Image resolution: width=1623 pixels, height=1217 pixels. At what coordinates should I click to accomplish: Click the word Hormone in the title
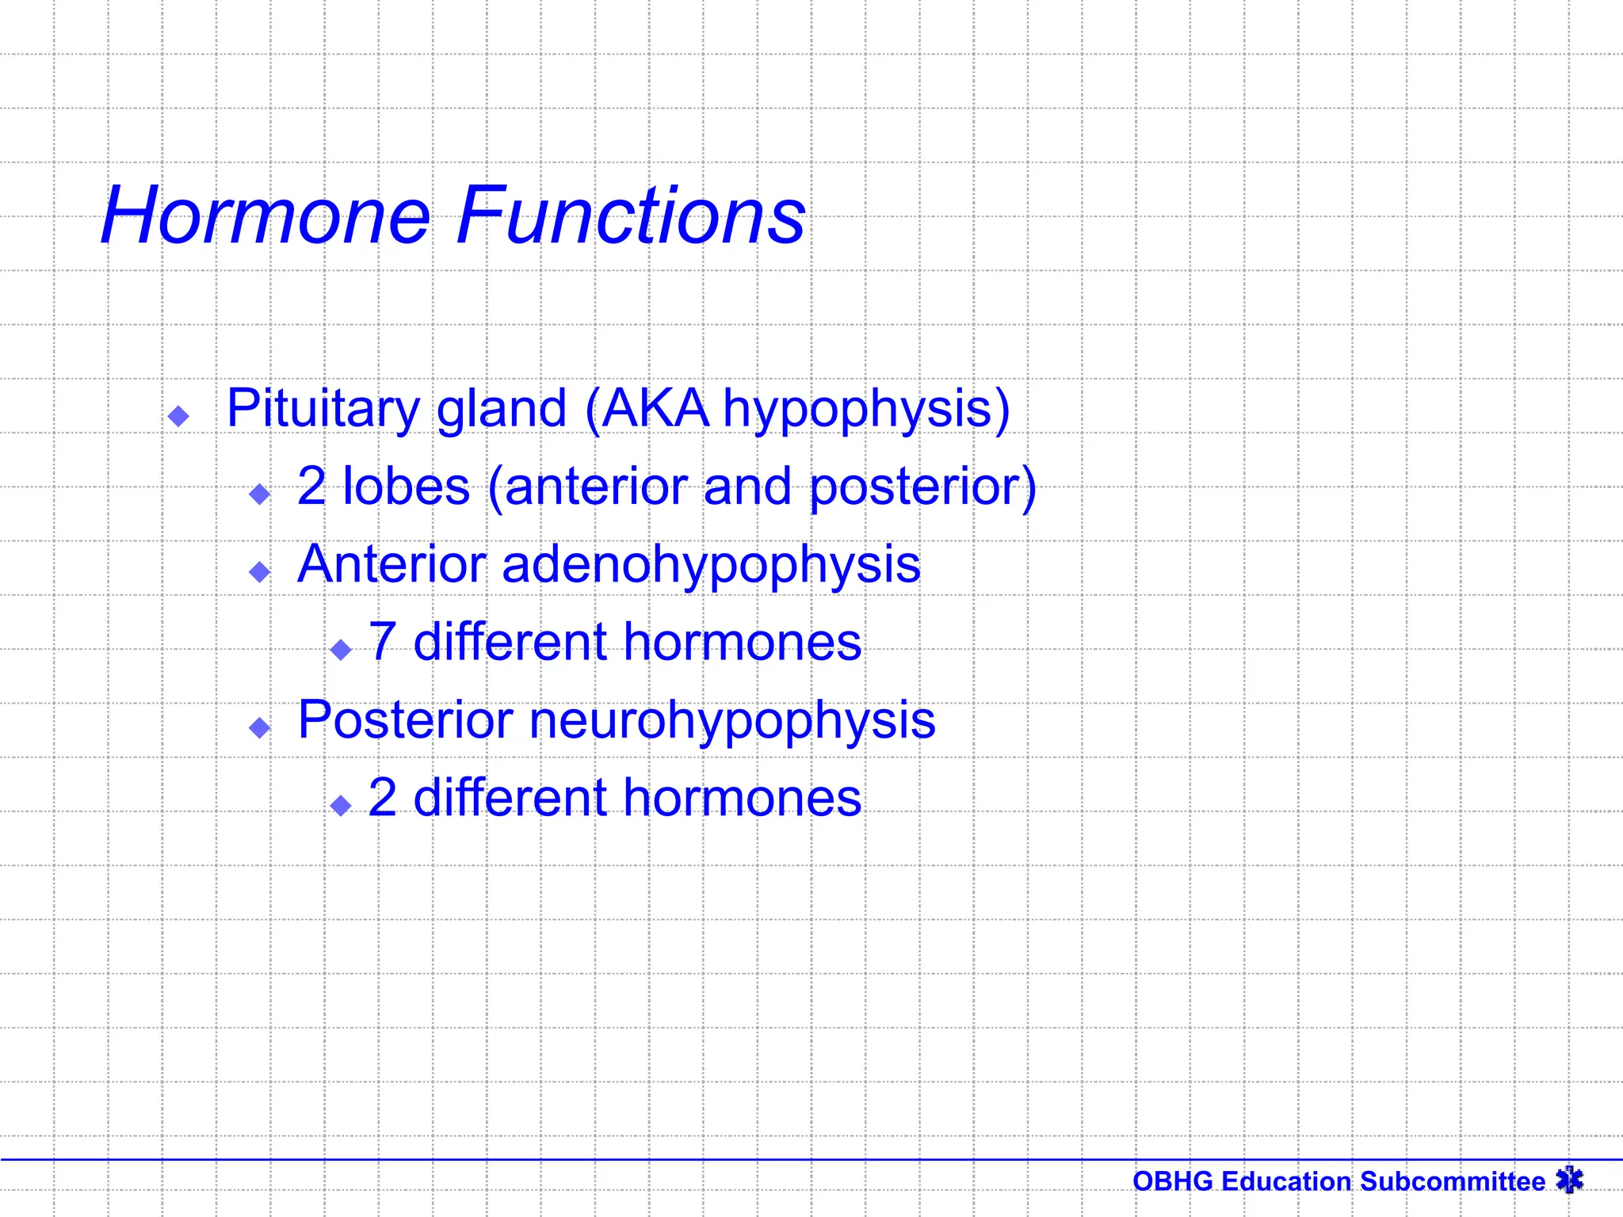(265, 216)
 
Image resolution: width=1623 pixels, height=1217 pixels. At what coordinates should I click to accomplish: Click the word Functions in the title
(631, 216)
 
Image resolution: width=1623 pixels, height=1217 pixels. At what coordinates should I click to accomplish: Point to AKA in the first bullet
(655, 409)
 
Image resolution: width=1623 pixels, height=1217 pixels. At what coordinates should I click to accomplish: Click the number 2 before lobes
(311, 486)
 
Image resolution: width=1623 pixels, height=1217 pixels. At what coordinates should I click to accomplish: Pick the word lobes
(406, 486)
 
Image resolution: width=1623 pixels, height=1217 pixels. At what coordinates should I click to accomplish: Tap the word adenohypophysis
(711, 566)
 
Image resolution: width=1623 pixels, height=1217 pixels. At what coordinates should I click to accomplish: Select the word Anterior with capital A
(391, 564)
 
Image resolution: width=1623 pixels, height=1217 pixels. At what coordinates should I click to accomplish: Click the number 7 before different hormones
(383, 642)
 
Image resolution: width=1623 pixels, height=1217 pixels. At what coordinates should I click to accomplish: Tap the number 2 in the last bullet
(383, 798)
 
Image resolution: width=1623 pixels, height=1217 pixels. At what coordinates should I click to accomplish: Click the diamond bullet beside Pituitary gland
(179, 416)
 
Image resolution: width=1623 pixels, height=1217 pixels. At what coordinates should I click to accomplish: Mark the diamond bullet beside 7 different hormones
(342, 650)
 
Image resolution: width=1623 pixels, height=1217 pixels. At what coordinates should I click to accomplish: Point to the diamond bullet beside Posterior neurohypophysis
(260, 727)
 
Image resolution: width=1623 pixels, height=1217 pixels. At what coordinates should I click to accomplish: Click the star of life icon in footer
(1569, 1180)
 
